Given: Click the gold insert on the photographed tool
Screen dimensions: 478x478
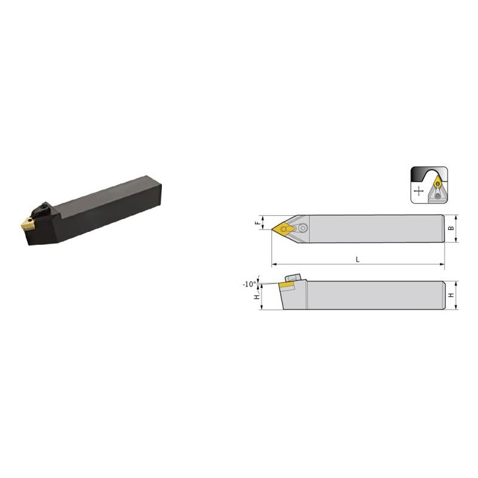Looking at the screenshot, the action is pos(27,222).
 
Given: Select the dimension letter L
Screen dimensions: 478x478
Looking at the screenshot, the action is pos(357,259).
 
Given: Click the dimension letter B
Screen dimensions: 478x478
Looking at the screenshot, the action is pos(452,228).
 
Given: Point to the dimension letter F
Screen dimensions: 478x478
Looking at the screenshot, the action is pos(259,223).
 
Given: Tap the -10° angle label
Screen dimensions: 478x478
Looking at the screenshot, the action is pos(249,284).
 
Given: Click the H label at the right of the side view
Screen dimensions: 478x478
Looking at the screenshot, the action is pos(452,295).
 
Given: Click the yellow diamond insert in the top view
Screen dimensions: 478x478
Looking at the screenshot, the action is pos(283,229).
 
